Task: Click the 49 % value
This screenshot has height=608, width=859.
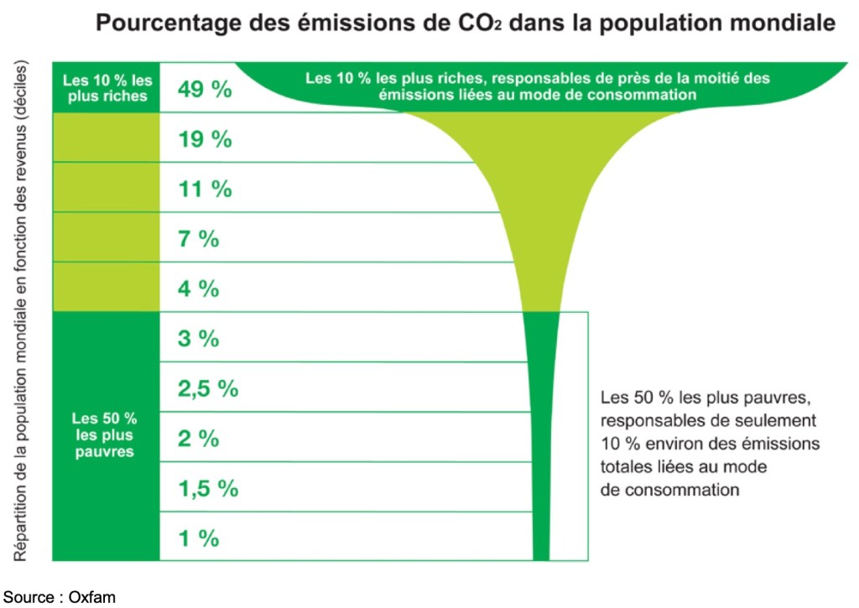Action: pyautogui.click(x=205, y=90)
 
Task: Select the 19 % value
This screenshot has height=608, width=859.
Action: pyautogui.click(x=205, y=139)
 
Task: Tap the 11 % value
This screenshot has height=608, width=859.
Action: pyautogui.click(x=205, y=190)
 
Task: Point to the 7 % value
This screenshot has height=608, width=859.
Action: pyautogui.click(x=199, y=239)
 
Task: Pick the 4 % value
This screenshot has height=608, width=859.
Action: pyautogui.click(x=199, y=289)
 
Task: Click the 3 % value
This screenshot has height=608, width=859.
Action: pyautogui.click(x=199, y=339)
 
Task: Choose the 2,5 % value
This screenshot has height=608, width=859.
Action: pyautogui.click(x=208, y=389)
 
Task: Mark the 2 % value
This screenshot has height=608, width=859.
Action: pyautogui.click(x=199, y=439)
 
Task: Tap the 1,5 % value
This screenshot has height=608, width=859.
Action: pyautogui.click(x=208, y=489)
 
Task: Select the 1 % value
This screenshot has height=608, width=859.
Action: pyautogui.click(x=199, y=538)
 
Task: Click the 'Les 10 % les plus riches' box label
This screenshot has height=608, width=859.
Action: pyautogui.click(x=107, y=88)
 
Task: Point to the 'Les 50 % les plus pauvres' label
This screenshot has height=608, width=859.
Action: pyautogui.click(x=104, y=434)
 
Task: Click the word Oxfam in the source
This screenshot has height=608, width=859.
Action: pyautogui.click(x=92, y=597)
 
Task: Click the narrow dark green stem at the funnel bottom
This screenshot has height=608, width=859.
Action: pyautogui.click(x=541, y=470)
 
